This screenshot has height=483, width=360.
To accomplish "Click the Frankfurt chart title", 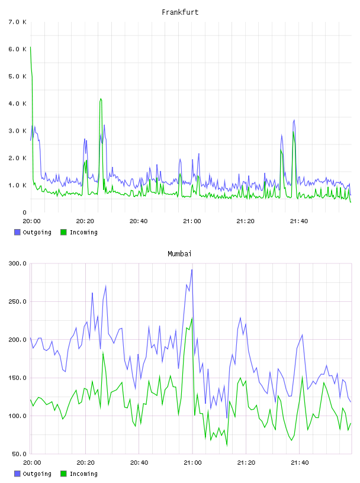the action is point(180,12).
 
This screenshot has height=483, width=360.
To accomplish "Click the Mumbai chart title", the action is point(179,254).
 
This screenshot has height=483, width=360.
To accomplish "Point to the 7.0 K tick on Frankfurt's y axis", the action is point(18,22).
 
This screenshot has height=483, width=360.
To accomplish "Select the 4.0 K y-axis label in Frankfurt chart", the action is point(18,104).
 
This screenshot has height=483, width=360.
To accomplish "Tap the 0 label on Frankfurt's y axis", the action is point(25,212).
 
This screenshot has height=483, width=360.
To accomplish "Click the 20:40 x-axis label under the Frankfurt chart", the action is point(139,221).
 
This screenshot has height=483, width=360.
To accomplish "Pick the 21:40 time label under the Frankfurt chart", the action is point(299,221).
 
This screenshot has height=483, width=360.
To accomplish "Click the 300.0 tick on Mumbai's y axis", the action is point(18,263).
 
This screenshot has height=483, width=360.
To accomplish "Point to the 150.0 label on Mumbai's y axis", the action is point(18,378).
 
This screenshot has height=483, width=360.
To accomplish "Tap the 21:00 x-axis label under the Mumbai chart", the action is point(192,462).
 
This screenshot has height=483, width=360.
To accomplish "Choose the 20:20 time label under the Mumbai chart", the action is point(85,462).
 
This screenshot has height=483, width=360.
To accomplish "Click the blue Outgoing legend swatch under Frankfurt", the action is point(17,232).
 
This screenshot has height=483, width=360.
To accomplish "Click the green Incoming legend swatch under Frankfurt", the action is point(63,232).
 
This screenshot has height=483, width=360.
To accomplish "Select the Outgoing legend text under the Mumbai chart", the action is point(37,474).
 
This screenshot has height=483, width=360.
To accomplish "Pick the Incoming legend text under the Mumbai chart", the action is point(83,474).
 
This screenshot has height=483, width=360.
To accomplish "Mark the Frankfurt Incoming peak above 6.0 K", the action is point(31,47).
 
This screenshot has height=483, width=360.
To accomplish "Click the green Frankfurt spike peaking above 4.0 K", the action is point(101,99).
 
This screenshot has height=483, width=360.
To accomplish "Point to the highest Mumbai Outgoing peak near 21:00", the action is point(192,270).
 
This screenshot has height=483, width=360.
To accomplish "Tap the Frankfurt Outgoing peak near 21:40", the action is point(294,120).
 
